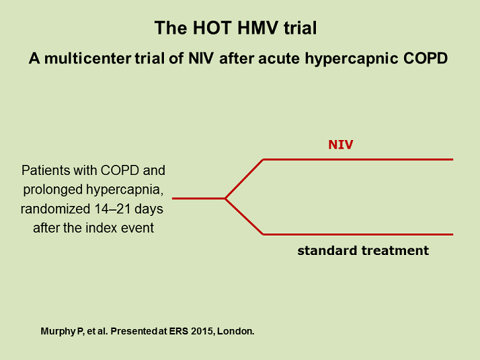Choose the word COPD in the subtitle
(427, 59)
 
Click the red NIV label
(341, 145)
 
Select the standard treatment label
(363, 250)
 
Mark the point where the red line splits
(225, 199)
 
